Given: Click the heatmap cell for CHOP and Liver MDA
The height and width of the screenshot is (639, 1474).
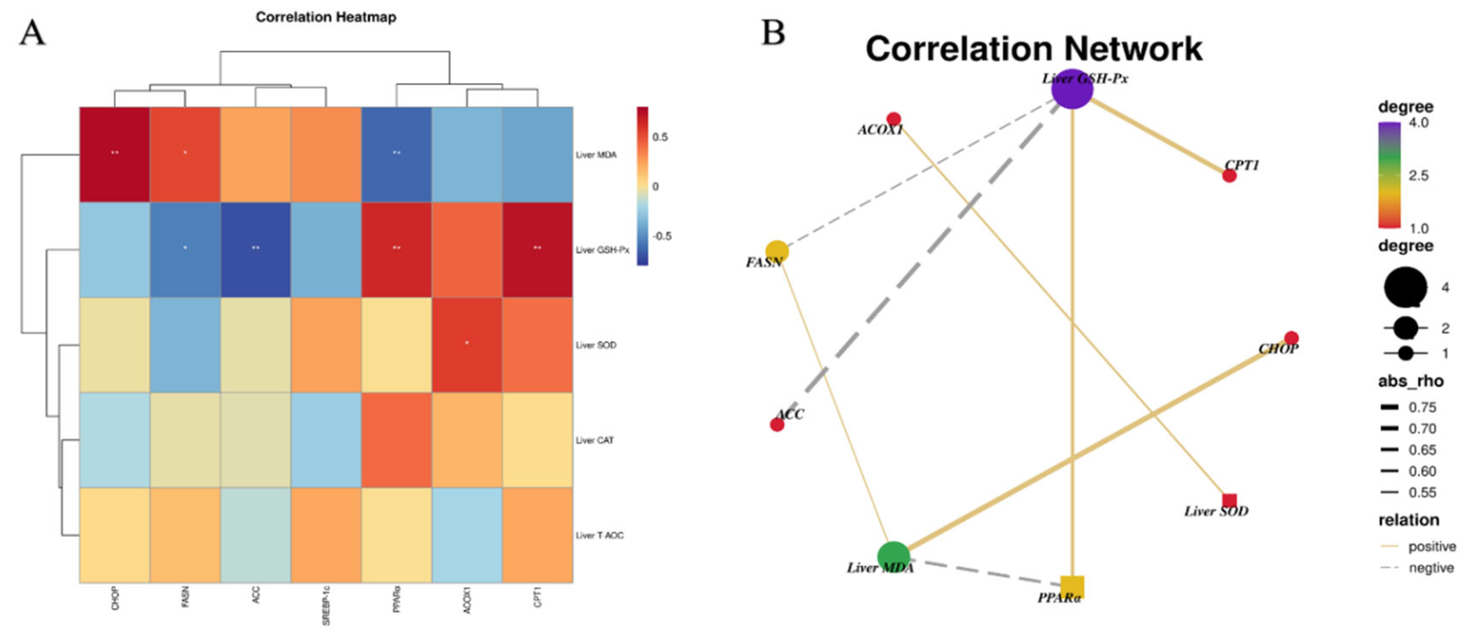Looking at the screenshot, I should [114, 155].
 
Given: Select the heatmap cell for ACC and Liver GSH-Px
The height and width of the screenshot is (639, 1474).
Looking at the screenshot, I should [256, 249].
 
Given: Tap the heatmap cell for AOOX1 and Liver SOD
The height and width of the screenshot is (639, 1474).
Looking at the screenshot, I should [467, 345].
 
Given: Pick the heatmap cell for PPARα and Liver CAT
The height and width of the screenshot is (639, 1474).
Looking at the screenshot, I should [396, 440].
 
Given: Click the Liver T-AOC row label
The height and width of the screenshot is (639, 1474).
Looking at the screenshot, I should [599, 536].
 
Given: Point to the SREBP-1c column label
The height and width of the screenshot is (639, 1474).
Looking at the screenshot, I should [326, 605].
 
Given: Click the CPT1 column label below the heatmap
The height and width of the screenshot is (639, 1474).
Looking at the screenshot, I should [537, 599].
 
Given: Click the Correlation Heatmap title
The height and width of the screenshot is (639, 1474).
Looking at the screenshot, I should [326, 17].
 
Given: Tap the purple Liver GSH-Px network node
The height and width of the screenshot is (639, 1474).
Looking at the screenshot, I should [1073, 89].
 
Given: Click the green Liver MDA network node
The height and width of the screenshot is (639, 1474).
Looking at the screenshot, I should [893, 557].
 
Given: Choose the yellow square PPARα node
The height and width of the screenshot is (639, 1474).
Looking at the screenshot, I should [1072, 587].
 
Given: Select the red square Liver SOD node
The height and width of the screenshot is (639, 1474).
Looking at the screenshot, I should [1229, 501].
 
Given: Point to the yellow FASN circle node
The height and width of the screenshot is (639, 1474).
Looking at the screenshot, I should [777, 251].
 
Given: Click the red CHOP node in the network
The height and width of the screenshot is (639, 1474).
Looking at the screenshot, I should [1291, 338].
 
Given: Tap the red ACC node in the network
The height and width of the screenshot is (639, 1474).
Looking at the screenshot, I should [777, 424].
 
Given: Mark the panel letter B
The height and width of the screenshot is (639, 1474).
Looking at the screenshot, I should [773, 33].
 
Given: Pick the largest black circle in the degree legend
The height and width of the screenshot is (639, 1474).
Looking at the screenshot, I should [1405, 287].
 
